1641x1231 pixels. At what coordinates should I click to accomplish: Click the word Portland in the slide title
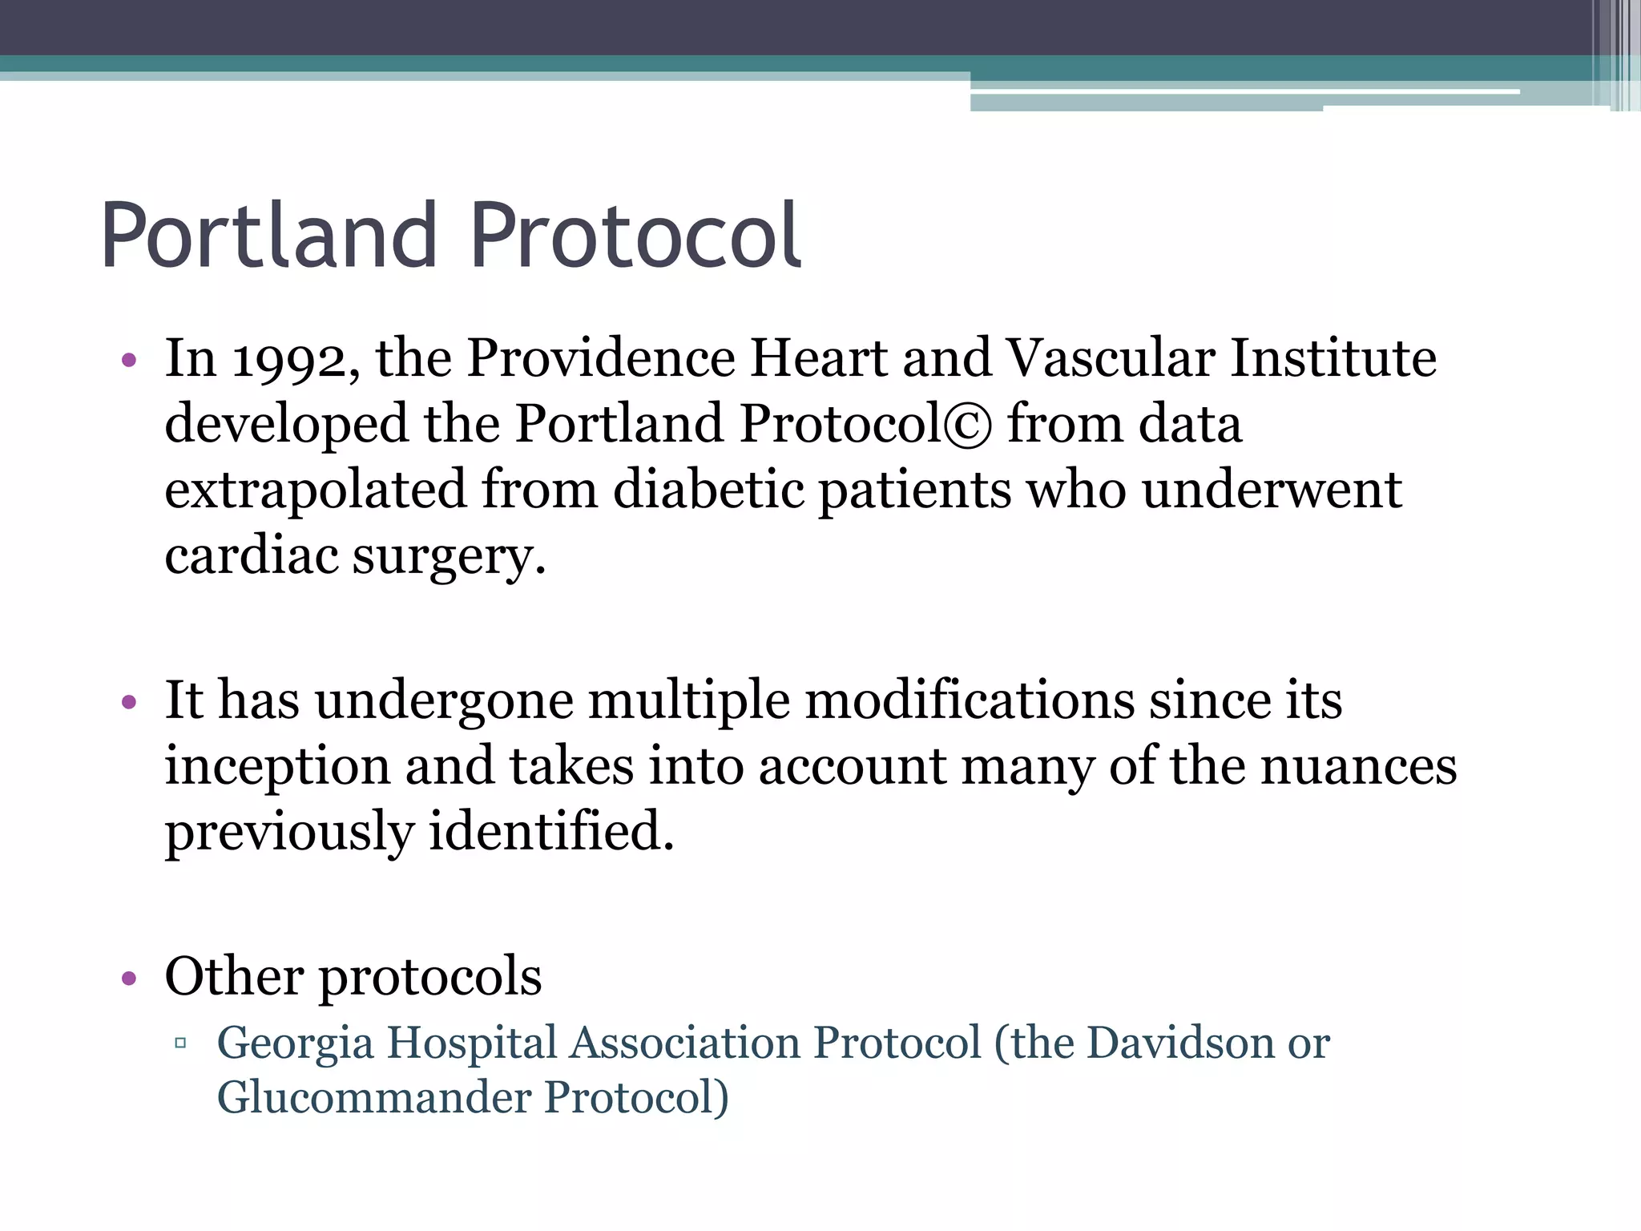coord(269,236)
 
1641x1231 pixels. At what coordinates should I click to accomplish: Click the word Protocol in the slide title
coord(635,236)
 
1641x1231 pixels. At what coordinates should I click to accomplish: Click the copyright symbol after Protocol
coord(968,425)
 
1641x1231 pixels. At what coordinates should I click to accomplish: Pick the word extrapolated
coord(316,490)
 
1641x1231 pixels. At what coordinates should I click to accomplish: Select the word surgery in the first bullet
coord(448,557)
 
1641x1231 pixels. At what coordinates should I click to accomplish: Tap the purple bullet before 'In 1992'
coord(129,360)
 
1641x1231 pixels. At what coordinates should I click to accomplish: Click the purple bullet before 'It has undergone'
coord(129,703)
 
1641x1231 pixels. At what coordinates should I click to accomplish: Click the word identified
coord(551,831)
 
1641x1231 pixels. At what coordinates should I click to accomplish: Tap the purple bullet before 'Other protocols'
coord(129,979)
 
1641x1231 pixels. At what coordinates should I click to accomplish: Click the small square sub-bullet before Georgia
coord(180,1043)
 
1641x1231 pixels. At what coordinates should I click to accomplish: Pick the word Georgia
coord(295,1044)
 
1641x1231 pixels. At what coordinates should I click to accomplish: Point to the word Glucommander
coord(374,1097)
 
